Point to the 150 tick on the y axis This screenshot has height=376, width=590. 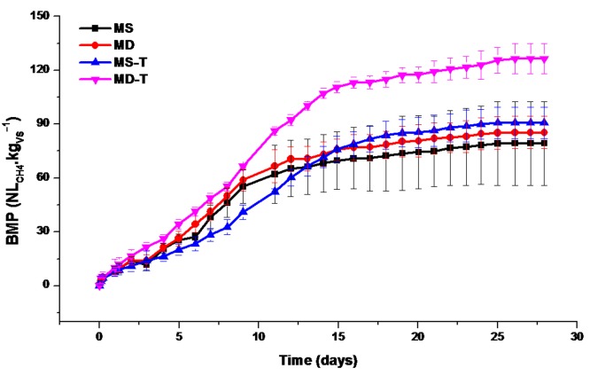coord(42,15)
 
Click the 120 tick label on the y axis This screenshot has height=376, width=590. coord(42,69)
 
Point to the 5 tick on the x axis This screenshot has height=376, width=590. coord(179,338)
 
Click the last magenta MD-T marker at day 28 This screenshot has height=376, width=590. coord(544,59)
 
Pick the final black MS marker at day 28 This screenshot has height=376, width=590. coord(544,143)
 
